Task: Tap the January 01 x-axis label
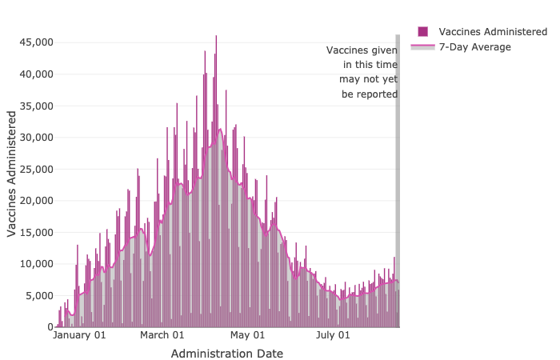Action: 79,336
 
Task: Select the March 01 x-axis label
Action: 163,336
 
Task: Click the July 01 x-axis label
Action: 334,336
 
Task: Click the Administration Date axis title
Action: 227,353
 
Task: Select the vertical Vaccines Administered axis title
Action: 12,174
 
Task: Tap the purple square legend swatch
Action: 422,31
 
